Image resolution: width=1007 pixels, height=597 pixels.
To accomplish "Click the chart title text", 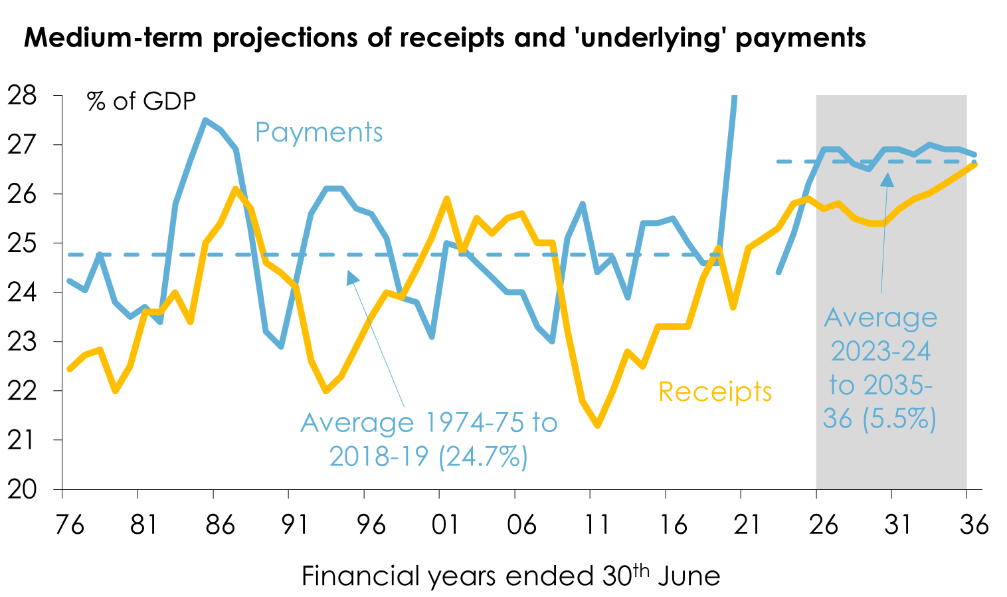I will [x=444, y=38].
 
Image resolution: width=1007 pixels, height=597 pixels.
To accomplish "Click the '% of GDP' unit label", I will [x=141, y=102].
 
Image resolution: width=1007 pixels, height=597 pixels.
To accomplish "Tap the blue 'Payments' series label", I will [x=319, y=132].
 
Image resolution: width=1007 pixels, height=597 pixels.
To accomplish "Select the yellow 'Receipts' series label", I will [x=715, y=392].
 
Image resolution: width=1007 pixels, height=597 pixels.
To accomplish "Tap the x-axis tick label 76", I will [x=69, y=525].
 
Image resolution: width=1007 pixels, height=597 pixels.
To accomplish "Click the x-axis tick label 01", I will [x=444, y=525].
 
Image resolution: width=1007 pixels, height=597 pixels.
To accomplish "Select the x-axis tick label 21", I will [x=747, y=525].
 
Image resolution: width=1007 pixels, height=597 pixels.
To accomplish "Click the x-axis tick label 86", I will [x=220, y=525].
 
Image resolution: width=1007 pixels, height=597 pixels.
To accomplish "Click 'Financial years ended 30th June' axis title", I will [x=510, y=576].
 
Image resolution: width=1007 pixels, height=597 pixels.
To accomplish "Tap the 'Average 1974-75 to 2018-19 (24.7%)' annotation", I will [x=428, y=439].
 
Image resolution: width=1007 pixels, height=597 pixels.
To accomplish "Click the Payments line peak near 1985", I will [x=206, y=120].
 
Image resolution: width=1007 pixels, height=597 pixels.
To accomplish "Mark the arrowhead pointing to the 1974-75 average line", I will [x=353, y=278].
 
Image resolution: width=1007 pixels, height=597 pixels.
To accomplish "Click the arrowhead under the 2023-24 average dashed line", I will [x=887, y=179].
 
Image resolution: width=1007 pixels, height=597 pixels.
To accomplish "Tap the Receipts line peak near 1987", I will [x=236, y=189].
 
